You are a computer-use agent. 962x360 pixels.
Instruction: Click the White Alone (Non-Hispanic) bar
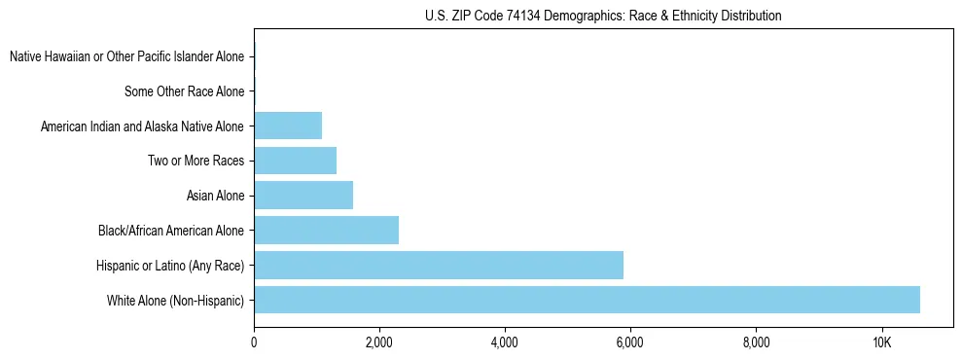587,300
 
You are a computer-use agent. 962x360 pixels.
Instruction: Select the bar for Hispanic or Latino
438,265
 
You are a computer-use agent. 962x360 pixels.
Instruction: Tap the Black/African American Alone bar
326,231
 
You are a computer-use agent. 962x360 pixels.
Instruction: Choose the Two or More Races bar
295,161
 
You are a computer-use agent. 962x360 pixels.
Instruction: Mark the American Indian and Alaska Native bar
288,126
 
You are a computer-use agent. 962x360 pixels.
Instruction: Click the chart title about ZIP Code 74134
603,16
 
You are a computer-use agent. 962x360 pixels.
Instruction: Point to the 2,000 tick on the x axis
379,342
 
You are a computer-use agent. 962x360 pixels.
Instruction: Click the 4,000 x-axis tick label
505,342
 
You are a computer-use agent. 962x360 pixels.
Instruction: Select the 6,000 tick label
630,342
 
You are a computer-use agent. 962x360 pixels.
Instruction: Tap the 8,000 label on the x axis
756,342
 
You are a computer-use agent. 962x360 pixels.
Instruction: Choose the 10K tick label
881,342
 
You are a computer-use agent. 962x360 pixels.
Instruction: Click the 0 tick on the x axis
254,342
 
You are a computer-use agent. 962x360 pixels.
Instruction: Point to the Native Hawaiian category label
126,56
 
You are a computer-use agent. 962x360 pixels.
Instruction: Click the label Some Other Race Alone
185,91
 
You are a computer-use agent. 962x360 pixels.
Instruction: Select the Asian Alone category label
215,196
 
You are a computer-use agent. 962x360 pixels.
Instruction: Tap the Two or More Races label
196,161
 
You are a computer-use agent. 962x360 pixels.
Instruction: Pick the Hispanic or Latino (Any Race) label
170,266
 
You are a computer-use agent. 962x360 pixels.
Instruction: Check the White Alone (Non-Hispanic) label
176,301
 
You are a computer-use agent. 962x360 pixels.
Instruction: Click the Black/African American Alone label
171,231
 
